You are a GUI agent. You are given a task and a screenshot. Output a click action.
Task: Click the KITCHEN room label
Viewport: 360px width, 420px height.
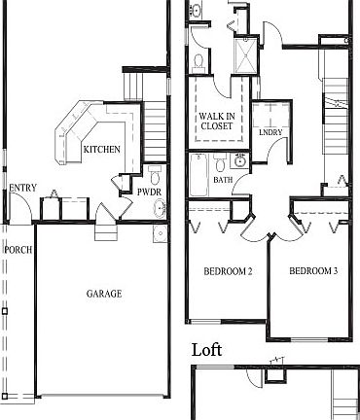pos(102,150)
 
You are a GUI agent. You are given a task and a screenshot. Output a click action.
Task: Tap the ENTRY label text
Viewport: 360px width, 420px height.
pos(22,188)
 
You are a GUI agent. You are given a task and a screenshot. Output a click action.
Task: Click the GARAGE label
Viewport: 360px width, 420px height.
pos(103,294)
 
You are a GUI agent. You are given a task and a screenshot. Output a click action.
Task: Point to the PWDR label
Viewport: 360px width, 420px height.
pos(149,192)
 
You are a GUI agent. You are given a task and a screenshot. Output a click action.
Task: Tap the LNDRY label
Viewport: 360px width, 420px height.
pos(270,132)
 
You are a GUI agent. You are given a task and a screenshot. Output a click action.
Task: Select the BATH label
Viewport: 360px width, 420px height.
pos(224,180)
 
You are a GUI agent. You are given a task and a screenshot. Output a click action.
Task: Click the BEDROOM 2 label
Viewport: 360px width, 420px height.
pos(228,271)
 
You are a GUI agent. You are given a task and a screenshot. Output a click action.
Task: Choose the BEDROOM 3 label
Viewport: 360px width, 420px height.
pos(313,271)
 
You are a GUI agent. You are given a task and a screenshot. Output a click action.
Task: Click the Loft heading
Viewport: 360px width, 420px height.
pos(207,349)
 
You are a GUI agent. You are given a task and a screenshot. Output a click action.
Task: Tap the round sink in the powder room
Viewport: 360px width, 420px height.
pos(159,233)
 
